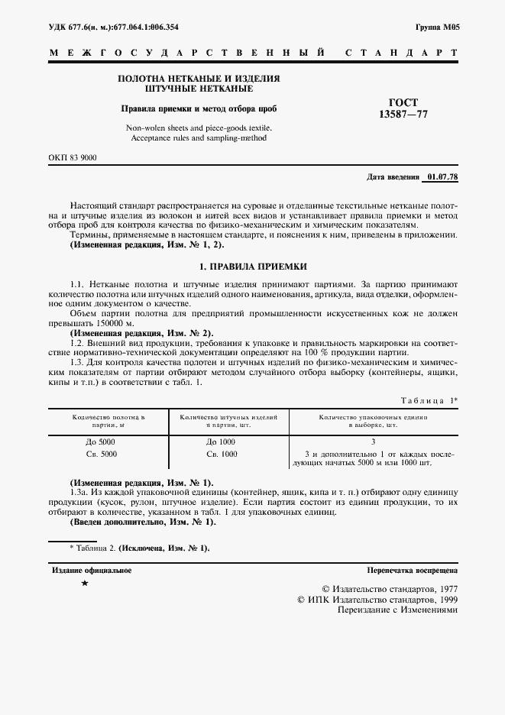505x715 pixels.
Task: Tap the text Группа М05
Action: pyautogui.click(x=436, y=26)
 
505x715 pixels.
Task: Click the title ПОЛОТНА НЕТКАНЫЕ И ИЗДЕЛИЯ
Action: pyautogui.click(x=198, y=79)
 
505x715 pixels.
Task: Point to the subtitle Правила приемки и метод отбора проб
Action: pyautogui.click(x=198, y=108)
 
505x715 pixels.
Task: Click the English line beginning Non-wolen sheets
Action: pyautogui.click(x=198, y=128)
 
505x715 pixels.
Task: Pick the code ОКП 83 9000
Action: pyautogui.click(x=73, y=157)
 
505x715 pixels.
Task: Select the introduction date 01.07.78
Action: pyautogui.click(x=442, y=177)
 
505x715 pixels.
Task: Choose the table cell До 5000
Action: pyautogui.click(x=108, y=442)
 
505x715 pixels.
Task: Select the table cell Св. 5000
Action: pyautogui.click(x=108, y=454)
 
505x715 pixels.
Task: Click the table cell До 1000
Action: pyautogui.click(x=222, y=442)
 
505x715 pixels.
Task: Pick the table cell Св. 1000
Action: pyautogui.click(x=222, y=454)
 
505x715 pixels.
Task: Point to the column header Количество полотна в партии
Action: pyautogui.click(x=108, y=422)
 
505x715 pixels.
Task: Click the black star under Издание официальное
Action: pyautogui.click(x=84, y=584)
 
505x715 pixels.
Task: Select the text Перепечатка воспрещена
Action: pyautogui.click(x=412, y=570)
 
